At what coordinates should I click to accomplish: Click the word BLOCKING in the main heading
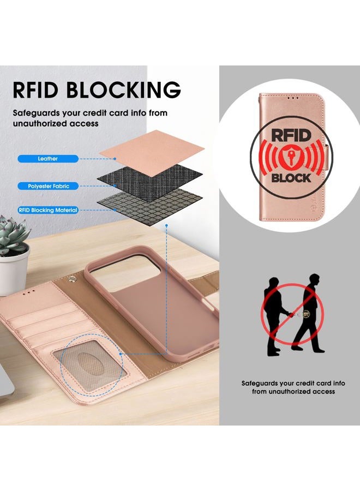pos(123,89)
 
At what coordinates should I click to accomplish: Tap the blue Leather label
pos(48,159)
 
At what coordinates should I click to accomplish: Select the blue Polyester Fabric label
pos(48,186)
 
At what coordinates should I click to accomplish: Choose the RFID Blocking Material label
pos(48,210)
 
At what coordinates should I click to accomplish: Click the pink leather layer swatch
pos(152,153)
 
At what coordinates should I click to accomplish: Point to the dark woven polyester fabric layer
pos(150,181)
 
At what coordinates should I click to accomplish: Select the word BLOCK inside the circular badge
pos(291,178)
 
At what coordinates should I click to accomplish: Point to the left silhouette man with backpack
pos(275,316)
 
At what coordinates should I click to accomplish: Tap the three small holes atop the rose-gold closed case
pos(293,98)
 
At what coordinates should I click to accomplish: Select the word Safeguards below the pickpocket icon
pos(260,384)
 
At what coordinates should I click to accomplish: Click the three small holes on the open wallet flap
pos(29,291)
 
